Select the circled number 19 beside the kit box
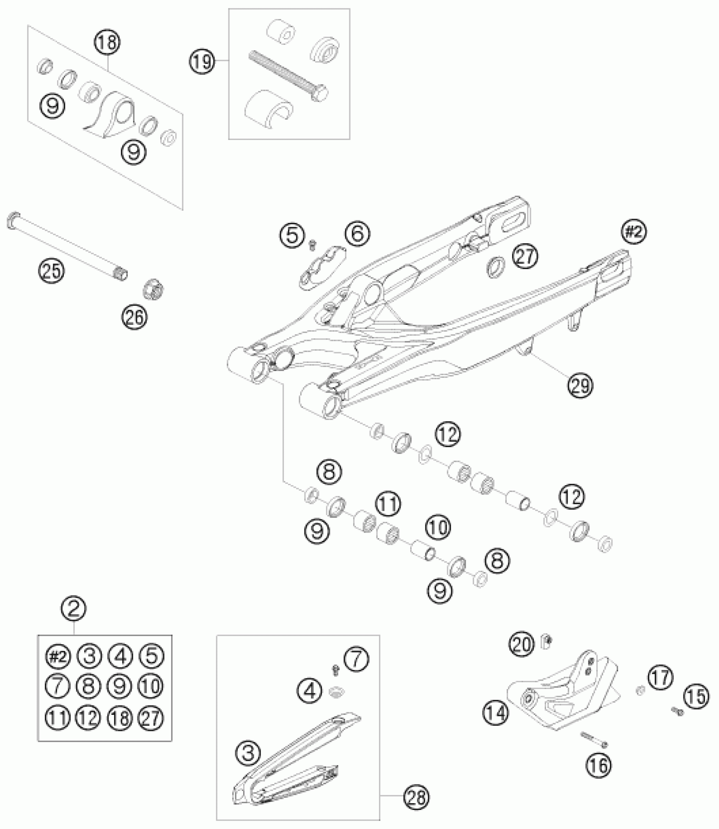point(201,62)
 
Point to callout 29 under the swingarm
point(581,385)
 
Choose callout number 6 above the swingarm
point(357,234)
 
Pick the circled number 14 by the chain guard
point(495,714)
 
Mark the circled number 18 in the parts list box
point(121,718)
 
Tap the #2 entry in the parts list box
point(58,656)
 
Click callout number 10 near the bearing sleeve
point(439,527)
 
